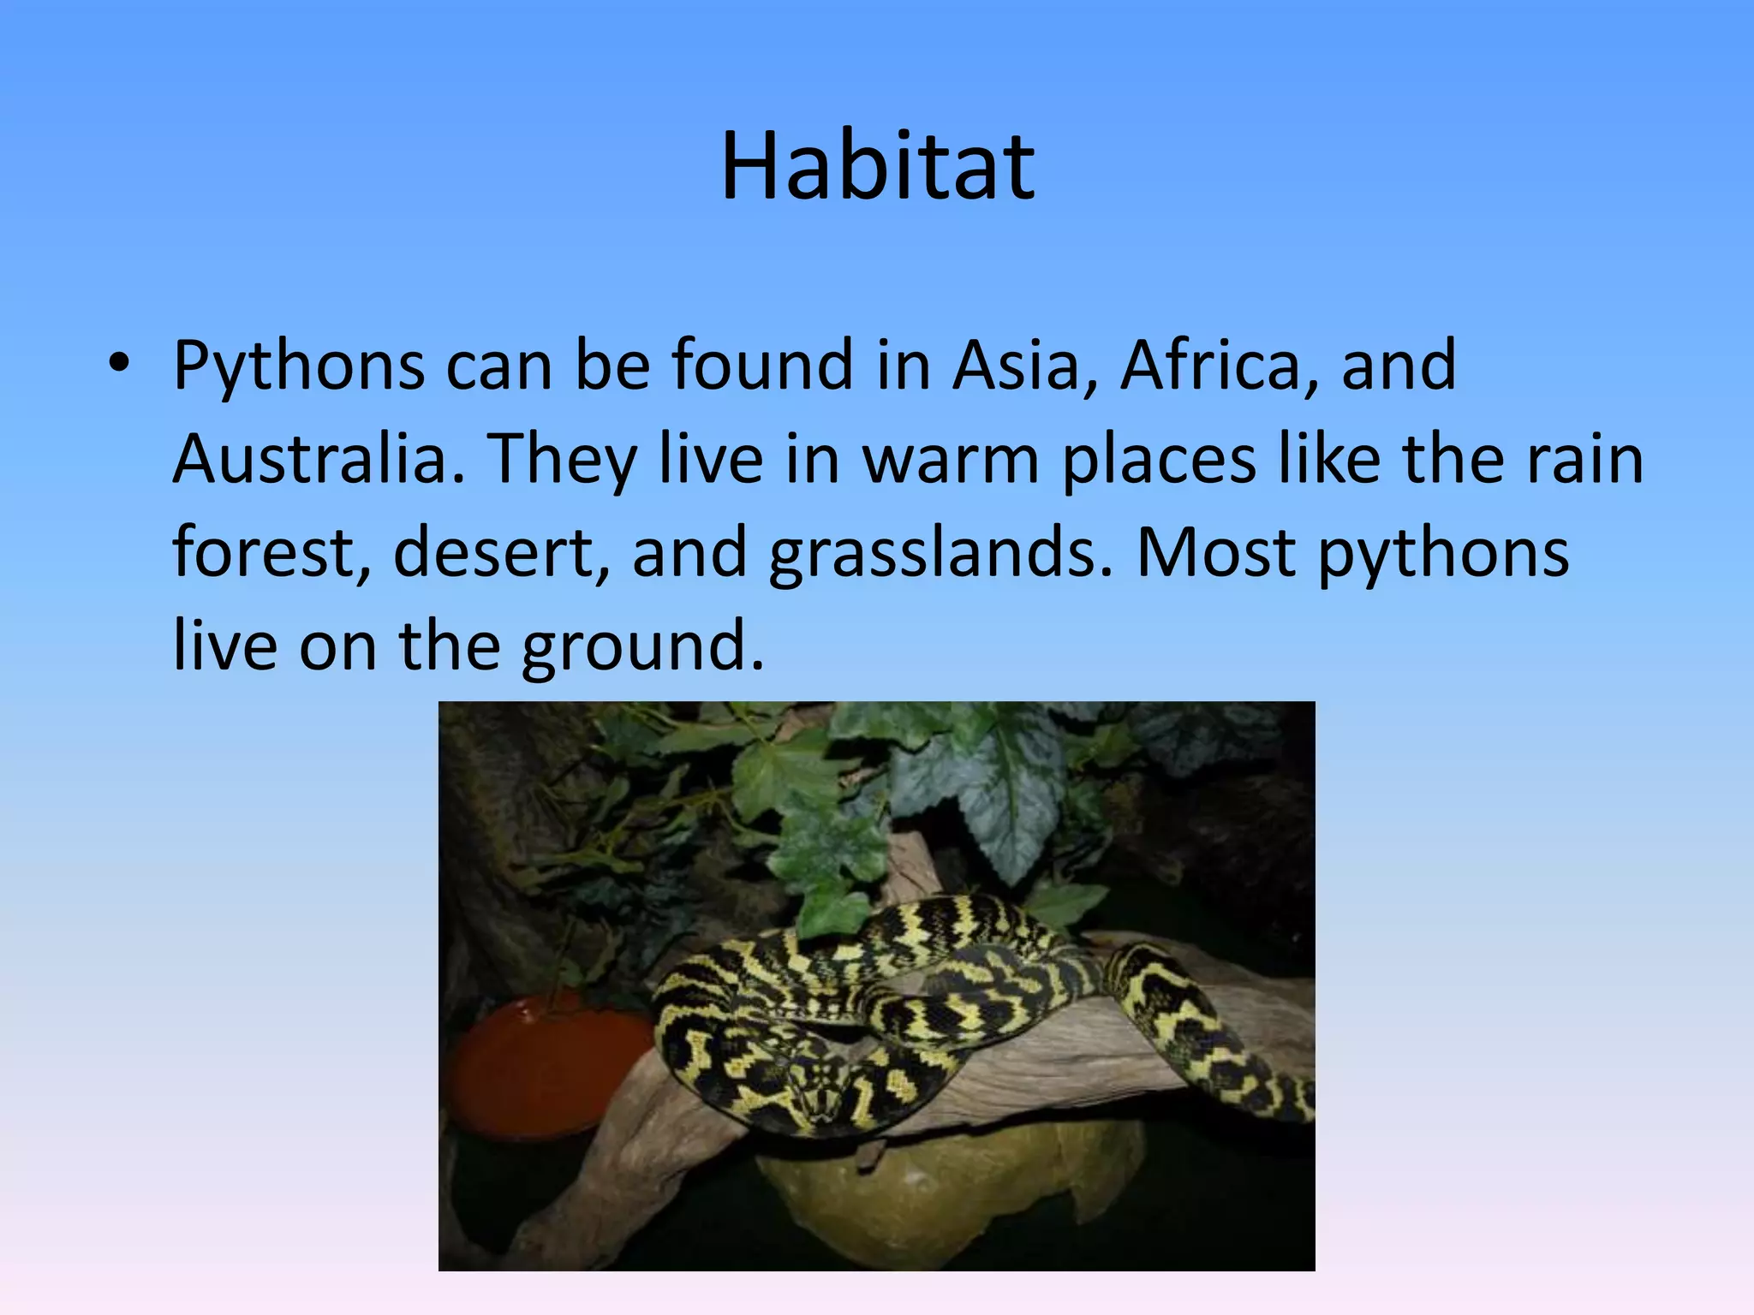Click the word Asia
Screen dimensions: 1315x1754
(1015, 364)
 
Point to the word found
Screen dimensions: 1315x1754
(762, 364)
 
